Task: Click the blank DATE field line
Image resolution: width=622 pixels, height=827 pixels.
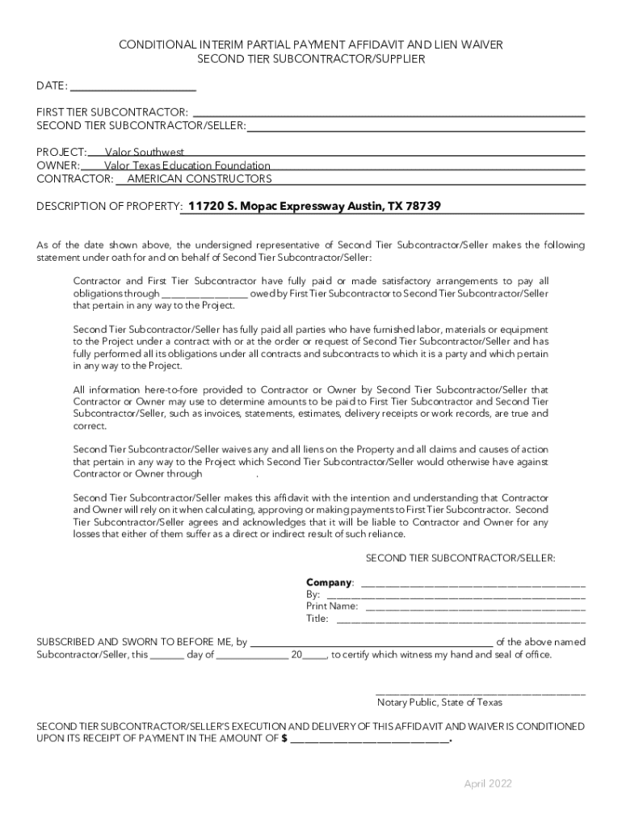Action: [x=133, y=86]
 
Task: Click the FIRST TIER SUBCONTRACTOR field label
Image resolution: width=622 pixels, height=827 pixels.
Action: [x=112, y=111]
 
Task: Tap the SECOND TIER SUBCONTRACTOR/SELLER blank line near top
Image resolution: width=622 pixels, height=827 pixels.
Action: [x=415, y=125]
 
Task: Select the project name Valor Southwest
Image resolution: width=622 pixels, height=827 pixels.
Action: [x=145, y=152]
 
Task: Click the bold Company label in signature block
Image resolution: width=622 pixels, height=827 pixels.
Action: [x=329, y=582]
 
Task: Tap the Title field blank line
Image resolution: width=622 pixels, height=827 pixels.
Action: [x=460, y=619]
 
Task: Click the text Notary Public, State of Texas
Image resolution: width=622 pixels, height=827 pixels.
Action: [x=439, y=702]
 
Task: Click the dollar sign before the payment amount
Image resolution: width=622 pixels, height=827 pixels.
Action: [x=284, y=738]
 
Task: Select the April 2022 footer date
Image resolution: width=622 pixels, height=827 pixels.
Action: [x=488, y=783]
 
